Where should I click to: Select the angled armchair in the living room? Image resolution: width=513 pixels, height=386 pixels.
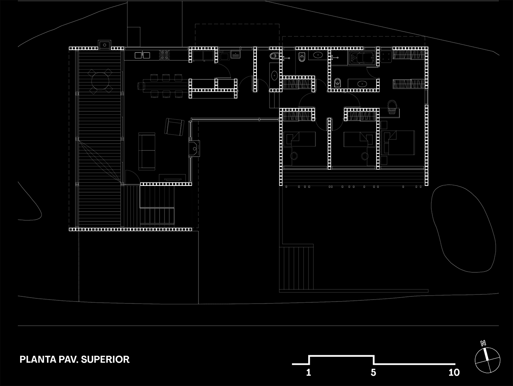[174, 127]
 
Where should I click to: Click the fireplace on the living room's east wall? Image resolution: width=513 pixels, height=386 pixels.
[195, 149]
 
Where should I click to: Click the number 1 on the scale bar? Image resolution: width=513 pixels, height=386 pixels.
[309, 372]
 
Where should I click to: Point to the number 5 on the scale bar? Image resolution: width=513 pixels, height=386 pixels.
[373, 372]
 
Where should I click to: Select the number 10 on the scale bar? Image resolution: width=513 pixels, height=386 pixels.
[454, 372]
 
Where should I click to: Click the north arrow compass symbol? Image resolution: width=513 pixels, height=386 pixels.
[487, 359]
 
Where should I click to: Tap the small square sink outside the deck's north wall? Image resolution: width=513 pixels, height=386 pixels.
[105, 45]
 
